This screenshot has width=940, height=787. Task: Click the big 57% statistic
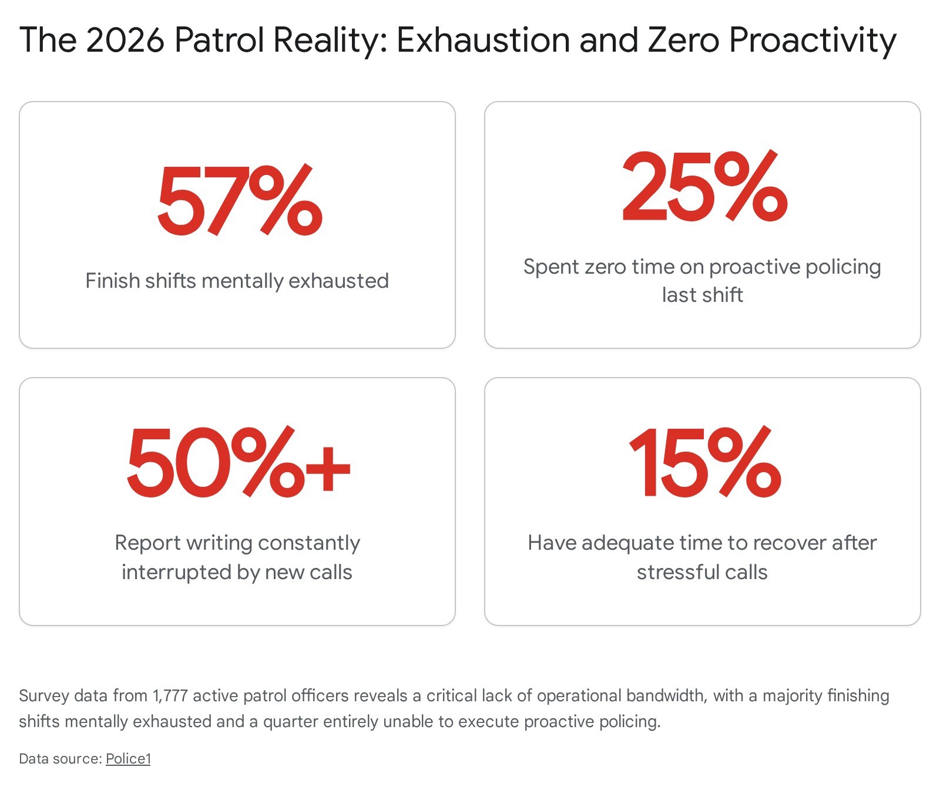pyautogui.click(x=240, y=201)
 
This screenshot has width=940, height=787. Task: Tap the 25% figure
pyautogui.click(x=704, y=187)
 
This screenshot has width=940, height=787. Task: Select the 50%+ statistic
pyautogui.click(x=239, y=462)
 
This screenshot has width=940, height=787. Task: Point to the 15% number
pyautogui.click(x=705, y=462)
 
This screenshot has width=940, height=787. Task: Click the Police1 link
pyautogui.click(x=128, y=759)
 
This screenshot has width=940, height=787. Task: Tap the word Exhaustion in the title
pyautogui.click(x=484, y=40)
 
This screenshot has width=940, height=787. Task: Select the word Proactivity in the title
pyautogui.click(x=813, y=41)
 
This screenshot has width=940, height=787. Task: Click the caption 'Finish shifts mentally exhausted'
pyautogui.click(x=237, y=281)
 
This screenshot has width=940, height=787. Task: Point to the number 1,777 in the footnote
pyautogui.click(x=170, y=696)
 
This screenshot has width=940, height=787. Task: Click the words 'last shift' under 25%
pyautogui.click(x=702, y=295)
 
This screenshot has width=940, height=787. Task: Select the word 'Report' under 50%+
pyautogui.click(x=147, y=543)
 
